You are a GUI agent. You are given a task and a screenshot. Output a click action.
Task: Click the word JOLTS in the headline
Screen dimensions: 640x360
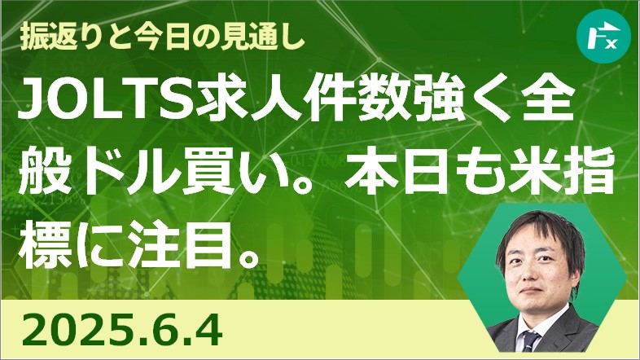pyautogui.click(x=107, y=101)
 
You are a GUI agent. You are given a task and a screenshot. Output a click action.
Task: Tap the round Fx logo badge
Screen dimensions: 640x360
pyautogui.click(x=603, y=36)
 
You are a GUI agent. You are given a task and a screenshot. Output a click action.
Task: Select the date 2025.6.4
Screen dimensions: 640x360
pyautogui.click(x=122, y=330)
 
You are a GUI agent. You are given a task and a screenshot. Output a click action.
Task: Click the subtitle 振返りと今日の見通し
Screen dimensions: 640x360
pyautogui.click(x=163, y=38)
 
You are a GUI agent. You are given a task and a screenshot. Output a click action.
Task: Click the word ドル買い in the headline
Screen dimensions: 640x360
pyautogui.click(x=157, y=170)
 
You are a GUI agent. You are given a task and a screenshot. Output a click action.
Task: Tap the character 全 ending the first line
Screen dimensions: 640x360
pyautogui.click(x=554, y=101)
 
